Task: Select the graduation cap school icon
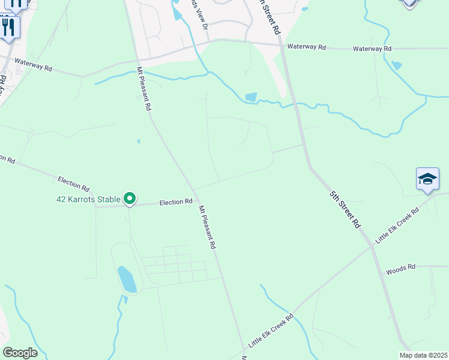click(427, 179)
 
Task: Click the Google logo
click(20, 353)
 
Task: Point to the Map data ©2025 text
click(424, 355)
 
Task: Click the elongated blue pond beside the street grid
click(127, 280)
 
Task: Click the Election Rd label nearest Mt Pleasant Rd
click(176, 203)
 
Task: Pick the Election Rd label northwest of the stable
click(74, 180)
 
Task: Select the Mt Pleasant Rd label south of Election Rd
click(207, 227)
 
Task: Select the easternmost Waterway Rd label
click(372, 49)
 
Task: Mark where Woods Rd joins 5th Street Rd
click(382, 271)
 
